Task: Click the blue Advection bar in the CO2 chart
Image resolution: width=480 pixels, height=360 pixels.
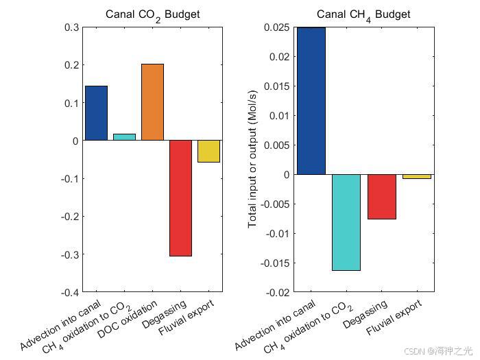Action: (x=96, y=113)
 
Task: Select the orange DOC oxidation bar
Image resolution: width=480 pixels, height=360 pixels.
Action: (x=152, y=102)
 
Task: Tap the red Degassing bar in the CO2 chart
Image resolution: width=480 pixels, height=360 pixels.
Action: (x=180, y=197)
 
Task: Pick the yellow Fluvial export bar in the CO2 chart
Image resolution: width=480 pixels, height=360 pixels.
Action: (x=208, y=151)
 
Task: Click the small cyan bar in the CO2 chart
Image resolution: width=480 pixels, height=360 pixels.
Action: (x=124, y=137)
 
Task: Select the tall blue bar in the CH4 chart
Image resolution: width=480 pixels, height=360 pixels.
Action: (x=311, y=101)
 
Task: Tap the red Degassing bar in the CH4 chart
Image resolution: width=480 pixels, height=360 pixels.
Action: (x=381, y=197)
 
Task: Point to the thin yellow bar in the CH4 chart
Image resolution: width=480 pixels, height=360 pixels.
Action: (x=417, y=176)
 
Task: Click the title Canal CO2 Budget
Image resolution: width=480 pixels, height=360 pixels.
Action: (x=152, y=14)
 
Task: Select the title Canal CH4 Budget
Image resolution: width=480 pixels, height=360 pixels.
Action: (x=363, y=14)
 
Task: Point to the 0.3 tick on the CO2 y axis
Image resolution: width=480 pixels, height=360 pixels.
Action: (x=71, y=27)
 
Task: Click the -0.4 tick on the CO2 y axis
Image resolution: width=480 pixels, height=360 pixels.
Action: (x=69, y=293)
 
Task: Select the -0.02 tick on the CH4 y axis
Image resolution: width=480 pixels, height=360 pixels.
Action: (x=278, y=293)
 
